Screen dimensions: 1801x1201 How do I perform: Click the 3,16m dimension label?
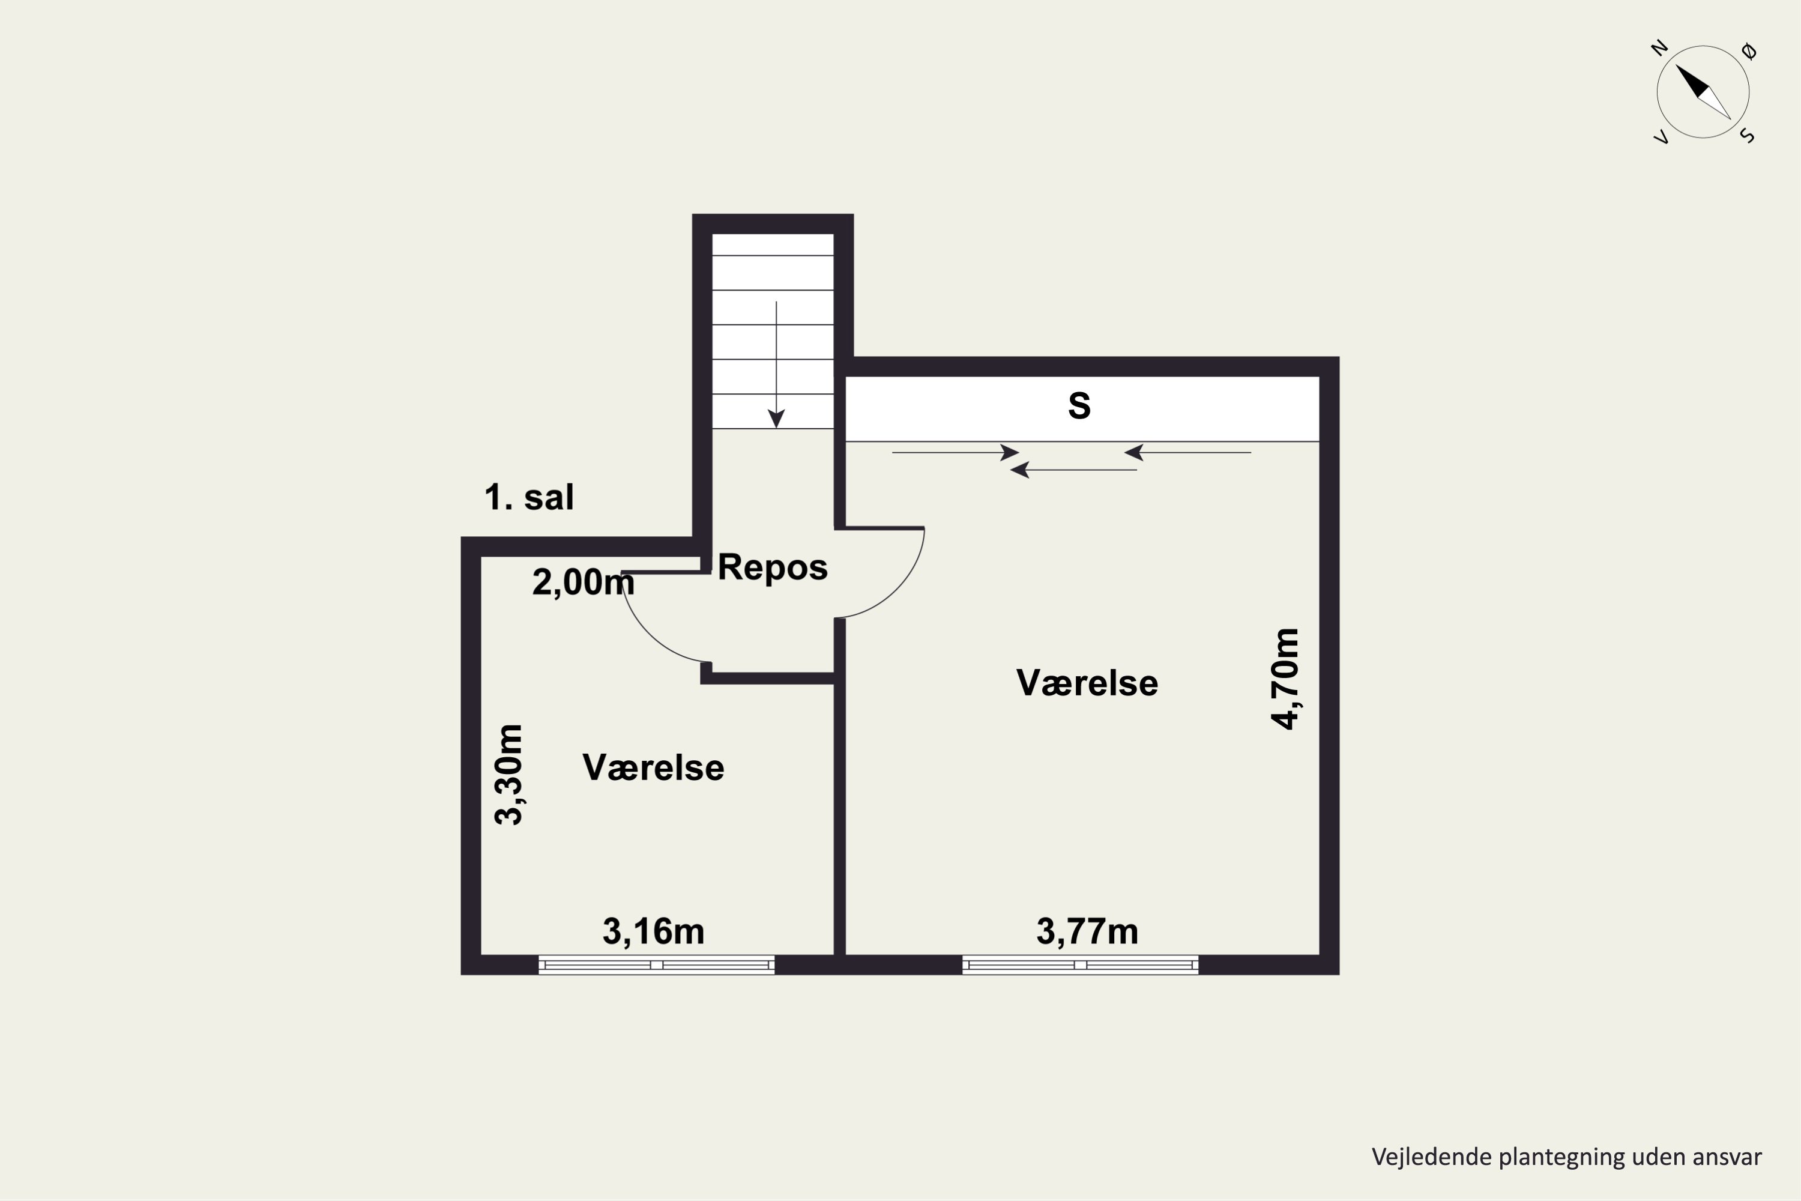(x=653, y=931)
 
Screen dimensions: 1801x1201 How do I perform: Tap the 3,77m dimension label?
(x=1087, y=931)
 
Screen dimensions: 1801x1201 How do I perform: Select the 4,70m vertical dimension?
(x=1285, y=679)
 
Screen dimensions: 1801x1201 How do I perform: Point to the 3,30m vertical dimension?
(x=508, y=775)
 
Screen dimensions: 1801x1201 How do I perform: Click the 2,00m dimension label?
(x=584, y=582)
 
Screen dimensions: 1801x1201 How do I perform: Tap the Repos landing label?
(x=773, y=567)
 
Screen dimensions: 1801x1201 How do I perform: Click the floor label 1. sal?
(x=529, y=497)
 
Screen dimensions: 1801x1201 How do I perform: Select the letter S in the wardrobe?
(x=1079, y=405)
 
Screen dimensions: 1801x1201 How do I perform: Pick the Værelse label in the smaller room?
(x=653, y=767)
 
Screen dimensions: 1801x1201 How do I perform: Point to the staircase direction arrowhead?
(x=776, y=419)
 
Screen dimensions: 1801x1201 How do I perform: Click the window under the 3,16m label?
(x=656, y=965)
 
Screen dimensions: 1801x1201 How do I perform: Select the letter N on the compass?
(x=1659, y=48)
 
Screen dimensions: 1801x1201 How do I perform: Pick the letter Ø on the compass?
(x=1749, y=51)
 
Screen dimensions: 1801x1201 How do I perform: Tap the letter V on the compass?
(x=1661, y=137)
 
